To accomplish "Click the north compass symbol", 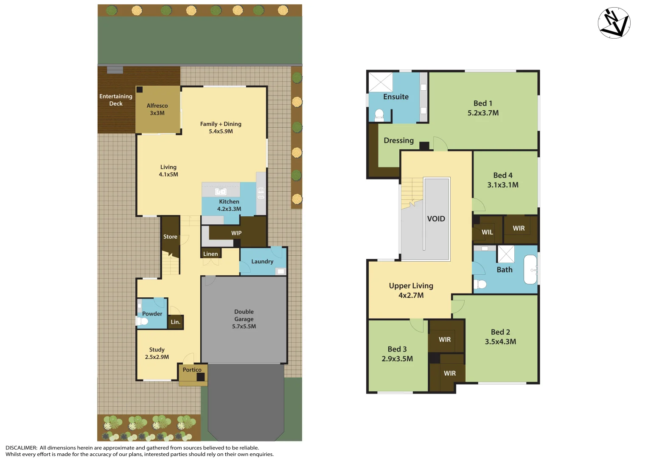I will tap(614, 23).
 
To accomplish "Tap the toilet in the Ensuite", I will tap(379, 114).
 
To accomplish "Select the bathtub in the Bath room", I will tap(530, 269).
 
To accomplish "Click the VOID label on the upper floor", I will tap(436, 219).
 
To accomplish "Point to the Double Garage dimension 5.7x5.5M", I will tap(244, 327).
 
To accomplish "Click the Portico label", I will tap(192, 370).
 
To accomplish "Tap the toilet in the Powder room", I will tap(142, 321).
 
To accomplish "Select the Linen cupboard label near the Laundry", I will tap(210, 254).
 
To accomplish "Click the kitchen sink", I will tap(221, 191).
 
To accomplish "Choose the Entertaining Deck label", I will tap(116, 100).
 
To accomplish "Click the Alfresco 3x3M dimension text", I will tap(157, 113).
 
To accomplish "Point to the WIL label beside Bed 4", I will tap(487, 232).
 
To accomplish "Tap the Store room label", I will tap(170, 237).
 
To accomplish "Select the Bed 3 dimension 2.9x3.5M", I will tap(397, 359).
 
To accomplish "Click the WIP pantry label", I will tap(236, 233).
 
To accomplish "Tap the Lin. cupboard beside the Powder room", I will tap(176, 322).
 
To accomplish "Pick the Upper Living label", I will tap(411, 286).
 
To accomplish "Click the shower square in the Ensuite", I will tap(380, 82).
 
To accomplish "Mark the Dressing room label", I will tap(398, 140).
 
